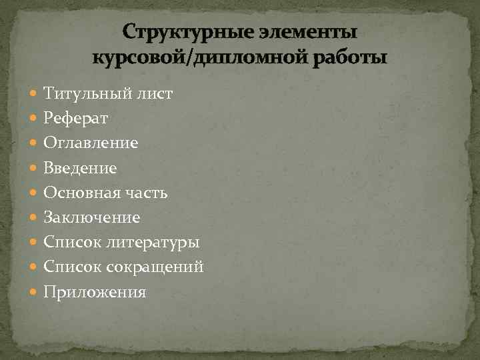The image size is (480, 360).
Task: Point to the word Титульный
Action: coord(82,93)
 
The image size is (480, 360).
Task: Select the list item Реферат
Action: coord(75,118)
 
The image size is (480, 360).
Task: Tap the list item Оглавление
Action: coord(91,143)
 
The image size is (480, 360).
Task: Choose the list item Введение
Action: coord(80,168)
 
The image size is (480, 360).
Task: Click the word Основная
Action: coord(81,193)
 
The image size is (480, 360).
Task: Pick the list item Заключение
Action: coord(91,217)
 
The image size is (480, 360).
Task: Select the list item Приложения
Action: coord(95,292)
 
